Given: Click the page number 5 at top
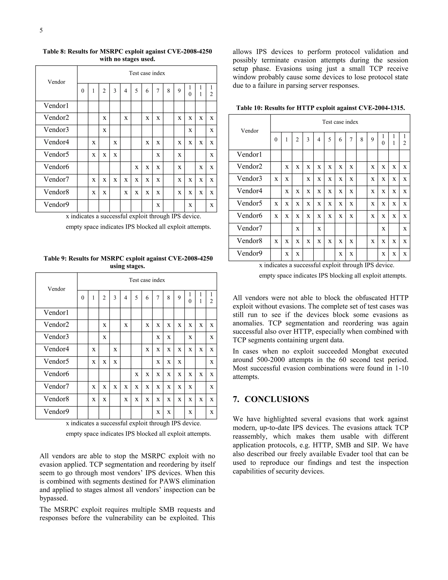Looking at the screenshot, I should pos(41,30).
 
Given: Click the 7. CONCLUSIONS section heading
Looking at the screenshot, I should pos(271,399).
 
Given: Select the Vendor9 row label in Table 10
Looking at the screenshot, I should pos(249,253).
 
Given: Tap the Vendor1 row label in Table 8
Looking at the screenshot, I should pos(56,106).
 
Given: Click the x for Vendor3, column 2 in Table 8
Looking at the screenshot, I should pos(104,130).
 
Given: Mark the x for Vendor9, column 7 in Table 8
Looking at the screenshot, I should pos(158,205).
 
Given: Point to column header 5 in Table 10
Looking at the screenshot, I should pos(329,140).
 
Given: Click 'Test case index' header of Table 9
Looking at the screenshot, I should pos(147,280).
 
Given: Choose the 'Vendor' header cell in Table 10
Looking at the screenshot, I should pos(249,131).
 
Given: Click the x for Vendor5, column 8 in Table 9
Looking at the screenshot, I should pos(168,362).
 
